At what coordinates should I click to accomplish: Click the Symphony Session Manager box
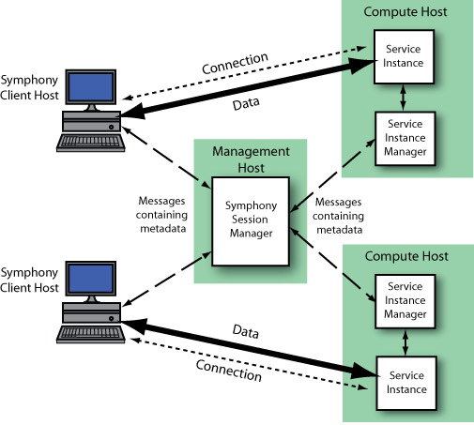click(249, 222)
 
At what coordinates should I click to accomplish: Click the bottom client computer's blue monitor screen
click(92, 274)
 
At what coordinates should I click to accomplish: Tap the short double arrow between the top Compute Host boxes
click(403, 97)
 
